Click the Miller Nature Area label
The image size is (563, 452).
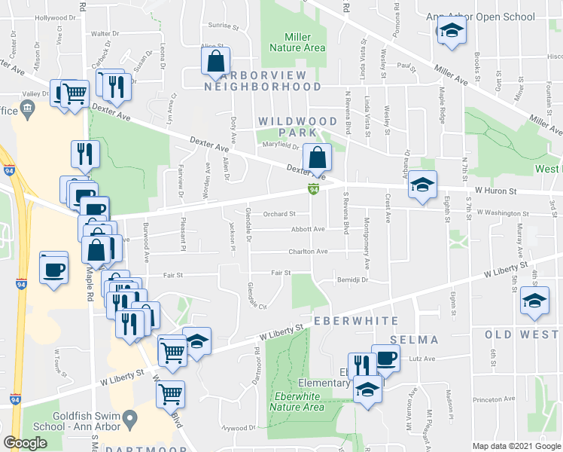point(298,42)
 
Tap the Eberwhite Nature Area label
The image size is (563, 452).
point(299,402)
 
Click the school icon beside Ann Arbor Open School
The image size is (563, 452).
point(451,31)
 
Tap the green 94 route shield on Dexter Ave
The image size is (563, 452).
point(313,189)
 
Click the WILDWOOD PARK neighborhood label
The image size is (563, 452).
point(297,127)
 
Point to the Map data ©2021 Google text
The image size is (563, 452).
point(516,446)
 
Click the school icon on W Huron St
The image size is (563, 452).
point(422,184)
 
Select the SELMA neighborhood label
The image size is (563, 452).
point(414,340)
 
